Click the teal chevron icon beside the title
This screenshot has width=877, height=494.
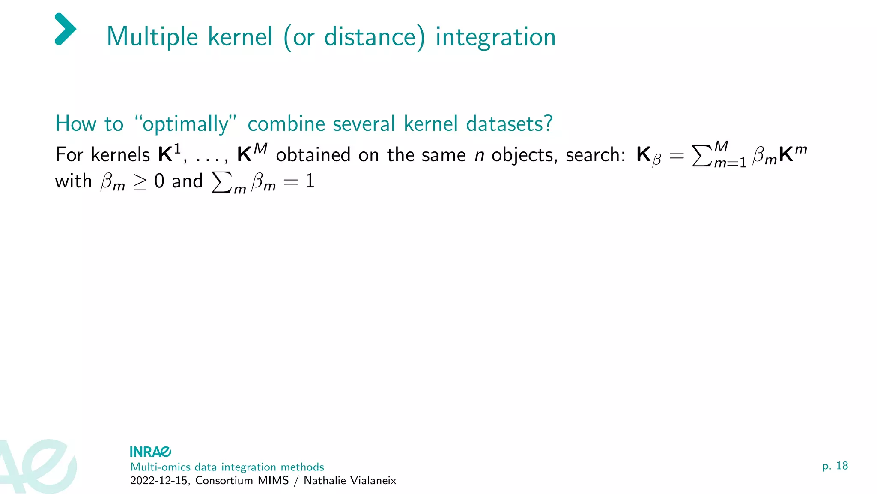[x=66, y=29]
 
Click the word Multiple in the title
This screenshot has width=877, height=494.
[x=152, y=37]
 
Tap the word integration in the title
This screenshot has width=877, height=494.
[x=495, y=37]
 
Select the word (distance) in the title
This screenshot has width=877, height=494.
[x=354, y=37]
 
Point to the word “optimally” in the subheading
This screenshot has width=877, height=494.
[x=185, y=124]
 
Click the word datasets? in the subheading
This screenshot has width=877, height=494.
[x=509, y=124]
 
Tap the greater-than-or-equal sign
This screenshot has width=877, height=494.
[x=140, y=182]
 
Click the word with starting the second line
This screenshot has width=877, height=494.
[x=73, y=181]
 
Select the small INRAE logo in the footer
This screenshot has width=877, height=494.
[x=150, y=452]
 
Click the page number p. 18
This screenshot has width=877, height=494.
[x=835, y=466]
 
